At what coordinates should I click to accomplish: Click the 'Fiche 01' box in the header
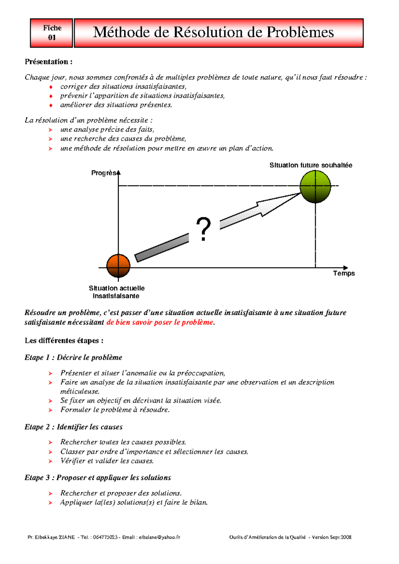point(52,33)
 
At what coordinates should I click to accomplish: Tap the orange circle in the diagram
point(118,266)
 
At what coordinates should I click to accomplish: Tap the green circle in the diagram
point(315,186)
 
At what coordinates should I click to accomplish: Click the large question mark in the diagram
point(203,229)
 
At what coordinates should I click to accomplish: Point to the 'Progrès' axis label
point(103,173)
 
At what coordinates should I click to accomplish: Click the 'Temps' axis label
point(344,273)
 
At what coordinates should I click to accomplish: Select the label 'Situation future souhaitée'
point(311,165)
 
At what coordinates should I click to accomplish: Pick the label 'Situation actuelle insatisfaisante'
point(116,292)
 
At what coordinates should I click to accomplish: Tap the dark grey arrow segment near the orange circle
point(162,248)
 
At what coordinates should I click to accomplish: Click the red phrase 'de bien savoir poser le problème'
point(160,322)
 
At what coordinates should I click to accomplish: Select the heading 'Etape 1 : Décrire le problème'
point(73,357)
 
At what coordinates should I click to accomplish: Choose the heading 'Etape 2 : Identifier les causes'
point(73,427)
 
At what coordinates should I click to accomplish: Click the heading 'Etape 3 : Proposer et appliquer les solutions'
point(97,478)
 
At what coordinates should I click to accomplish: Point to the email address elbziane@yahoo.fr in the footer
point(159,537)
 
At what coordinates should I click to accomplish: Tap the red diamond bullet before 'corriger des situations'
point(51,87)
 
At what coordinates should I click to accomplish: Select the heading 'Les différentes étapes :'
point(64,340)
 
